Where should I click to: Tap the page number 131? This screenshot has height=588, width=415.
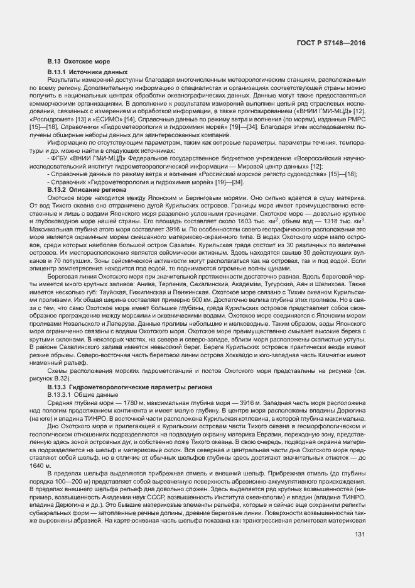tap(360, 552)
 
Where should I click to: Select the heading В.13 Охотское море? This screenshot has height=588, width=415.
tap(78, 62)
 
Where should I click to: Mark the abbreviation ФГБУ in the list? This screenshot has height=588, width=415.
tap(61, 160)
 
